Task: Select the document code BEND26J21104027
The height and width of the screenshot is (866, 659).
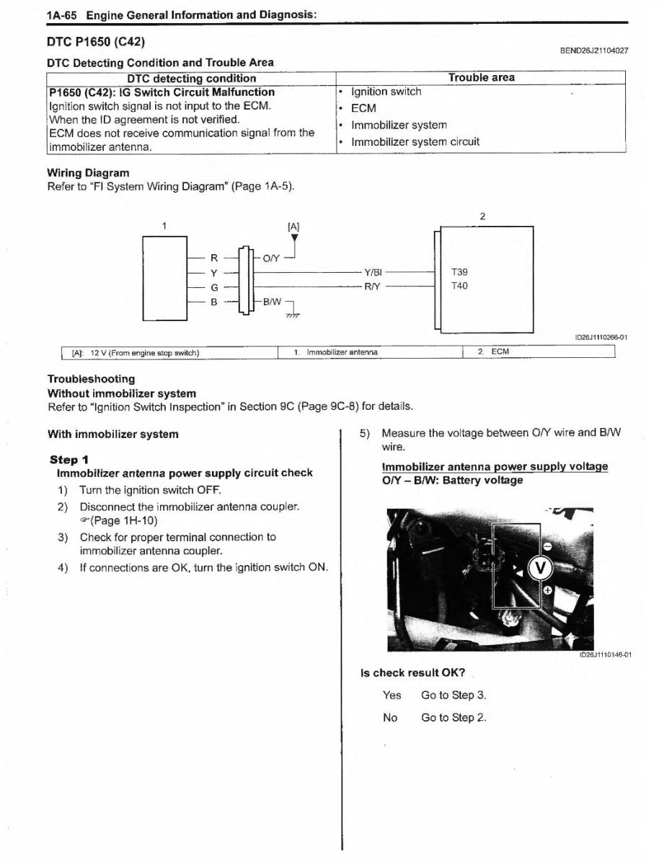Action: pos(593,51)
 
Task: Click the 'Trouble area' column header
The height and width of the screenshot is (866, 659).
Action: pos(481,78)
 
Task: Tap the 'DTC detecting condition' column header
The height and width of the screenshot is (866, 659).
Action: pos(191,78)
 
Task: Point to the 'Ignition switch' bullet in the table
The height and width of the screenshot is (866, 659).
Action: pos(386,92)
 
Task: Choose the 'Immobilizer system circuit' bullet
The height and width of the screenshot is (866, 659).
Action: pos(415,142)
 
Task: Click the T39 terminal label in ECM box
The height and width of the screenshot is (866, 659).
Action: pos(459,272)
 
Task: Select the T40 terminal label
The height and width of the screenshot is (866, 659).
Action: pos(459,286)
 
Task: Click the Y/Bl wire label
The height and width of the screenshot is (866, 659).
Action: pos(373,273)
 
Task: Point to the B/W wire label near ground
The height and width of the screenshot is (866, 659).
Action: pos(272,301)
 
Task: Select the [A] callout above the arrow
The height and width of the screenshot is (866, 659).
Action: pos(293,226)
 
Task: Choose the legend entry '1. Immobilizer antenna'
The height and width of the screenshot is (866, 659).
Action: pos(335,352)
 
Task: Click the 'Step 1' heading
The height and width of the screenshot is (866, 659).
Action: pos(69,460)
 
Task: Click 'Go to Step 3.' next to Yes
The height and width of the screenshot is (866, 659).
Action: pos(454,696)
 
